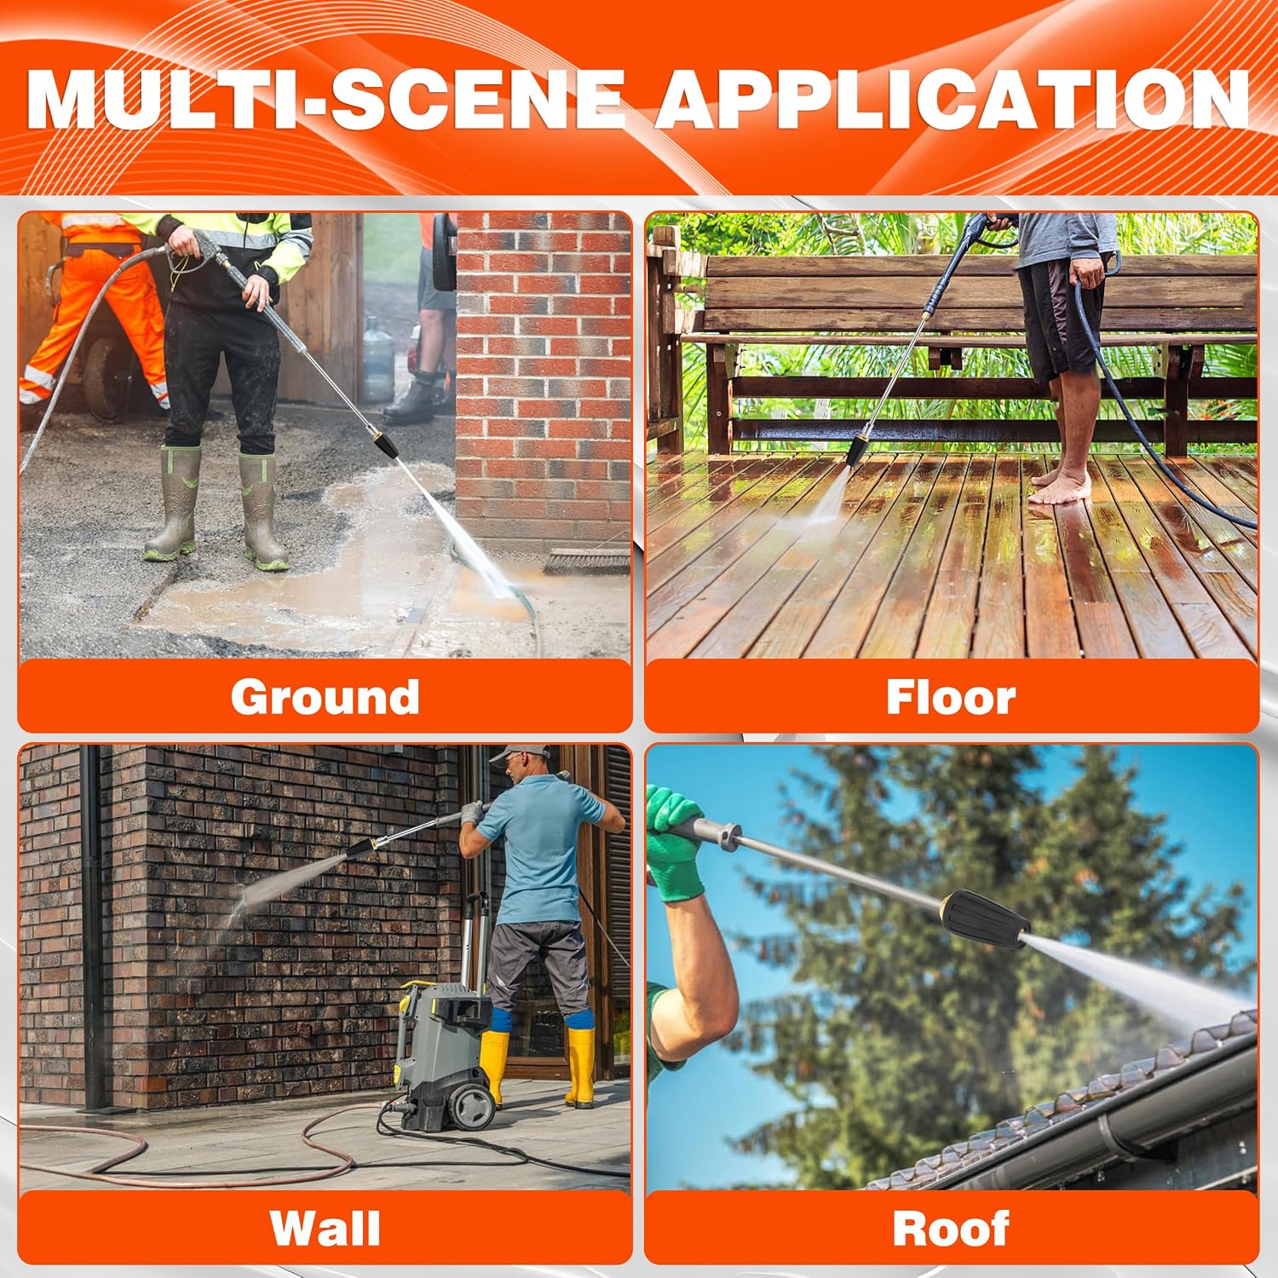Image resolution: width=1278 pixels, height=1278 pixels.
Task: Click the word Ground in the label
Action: [325, 698]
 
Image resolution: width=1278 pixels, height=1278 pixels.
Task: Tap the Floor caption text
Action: [951, 697]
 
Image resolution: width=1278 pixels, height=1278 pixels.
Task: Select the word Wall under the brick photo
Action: [325, 1229]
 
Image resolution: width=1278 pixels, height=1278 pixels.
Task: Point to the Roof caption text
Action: [951, 1229]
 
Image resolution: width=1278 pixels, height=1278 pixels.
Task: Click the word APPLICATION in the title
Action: [952, 99]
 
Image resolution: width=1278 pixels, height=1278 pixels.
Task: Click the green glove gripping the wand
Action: [674, 844]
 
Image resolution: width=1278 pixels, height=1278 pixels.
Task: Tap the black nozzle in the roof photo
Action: [987, 919]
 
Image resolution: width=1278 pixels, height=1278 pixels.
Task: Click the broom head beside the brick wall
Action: [587, 561]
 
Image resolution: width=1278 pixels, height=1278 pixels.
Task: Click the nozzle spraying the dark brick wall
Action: [360, 849]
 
